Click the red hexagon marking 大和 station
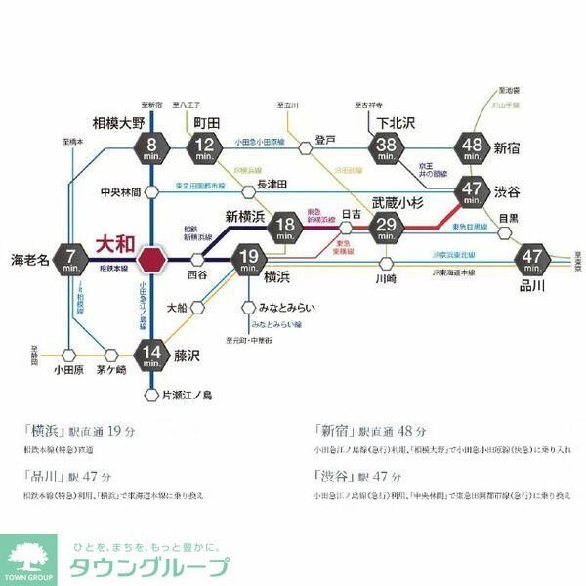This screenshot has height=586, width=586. (151, 260)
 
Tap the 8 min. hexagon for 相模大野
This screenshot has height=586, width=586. (151, 148)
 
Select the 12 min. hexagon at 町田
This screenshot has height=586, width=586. (204, 148)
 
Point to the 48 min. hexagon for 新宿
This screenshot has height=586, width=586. (474, 148)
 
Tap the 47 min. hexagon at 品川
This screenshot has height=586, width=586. (532, 260)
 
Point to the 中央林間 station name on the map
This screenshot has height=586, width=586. (121, 191)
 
